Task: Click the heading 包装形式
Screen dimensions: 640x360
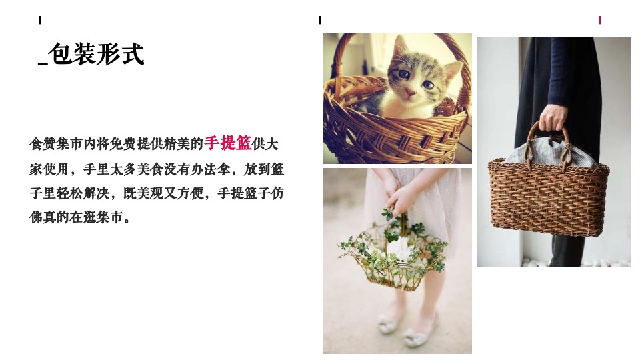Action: [x=96, y=54]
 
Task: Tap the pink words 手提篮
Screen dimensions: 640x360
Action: [x=228, y=143]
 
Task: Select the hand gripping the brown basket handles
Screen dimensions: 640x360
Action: [x=553, y=117]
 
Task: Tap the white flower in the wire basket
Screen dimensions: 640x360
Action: [x=398, y=247]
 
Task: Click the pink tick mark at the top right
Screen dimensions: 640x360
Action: [x=599, y=20]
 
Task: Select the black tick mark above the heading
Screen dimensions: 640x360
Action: [x=40, y=20]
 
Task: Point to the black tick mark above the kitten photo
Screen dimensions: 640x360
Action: [x=320, y=20]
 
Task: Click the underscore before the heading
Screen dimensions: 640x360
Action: [x=43, y=63]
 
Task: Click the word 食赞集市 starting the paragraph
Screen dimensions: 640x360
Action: [x=56, y=144]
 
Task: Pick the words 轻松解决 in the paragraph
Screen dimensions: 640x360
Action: [x=83, y=193]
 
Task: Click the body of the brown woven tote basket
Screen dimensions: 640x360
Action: [x=549, y=198]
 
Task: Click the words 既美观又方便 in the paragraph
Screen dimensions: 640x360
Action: [x=163, y=193]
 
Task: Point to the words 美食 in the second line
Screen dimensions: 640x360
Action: [x=150, y=169]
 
